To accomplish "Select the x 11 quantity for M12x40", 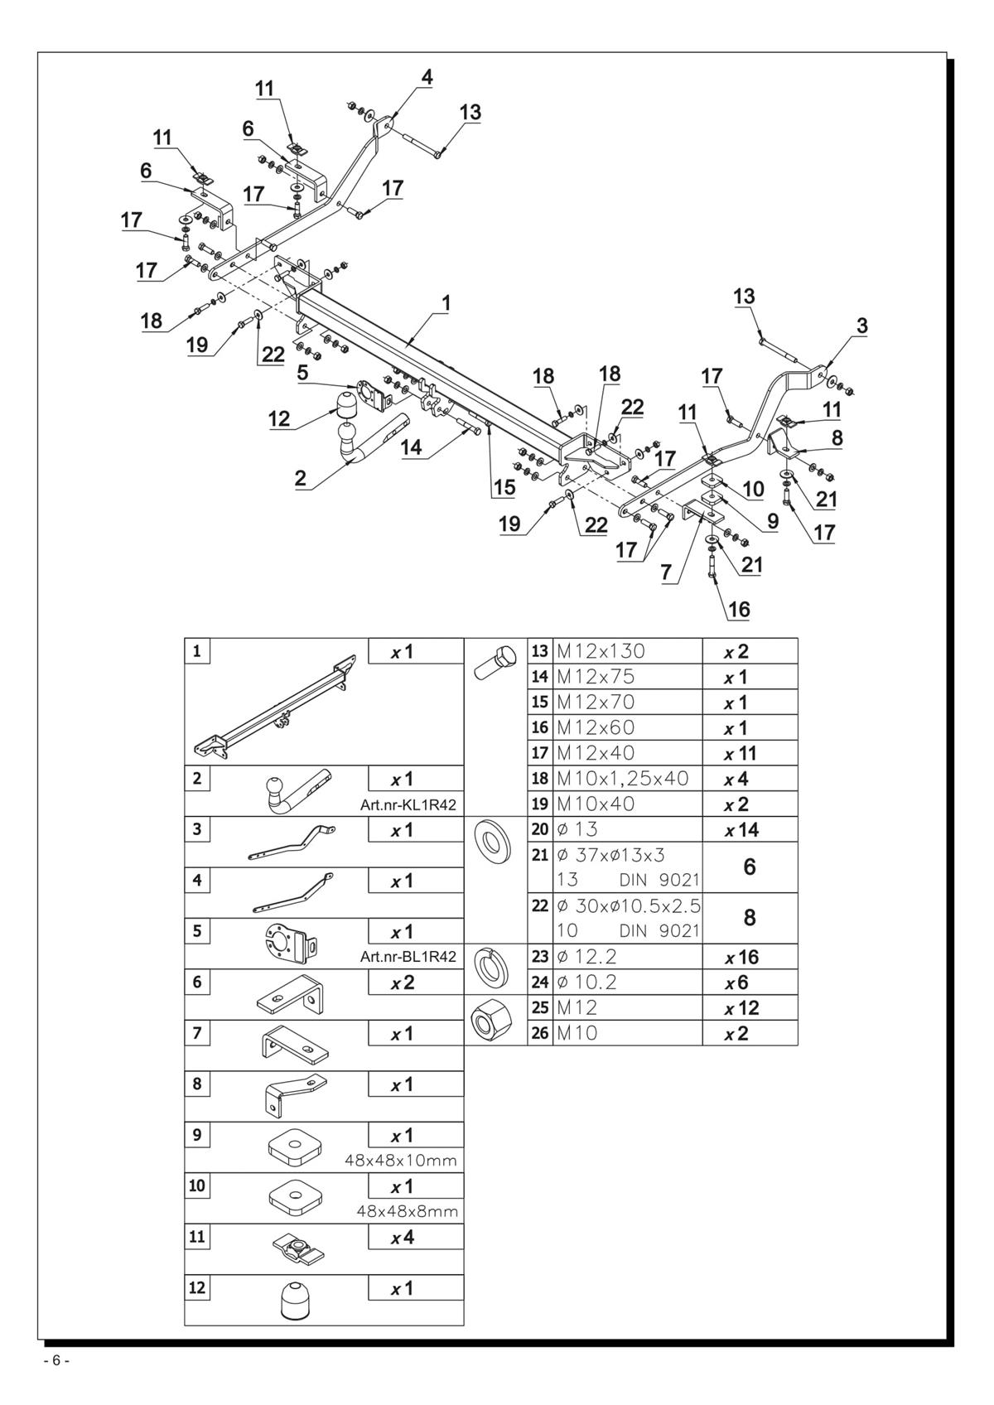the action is [741, 753].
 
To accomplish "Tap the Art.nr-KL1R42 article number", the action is [408, 805].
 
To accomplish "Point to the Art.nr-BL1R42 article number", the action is [408, 958].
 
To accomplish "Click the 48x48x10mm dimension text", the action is [401, 1161].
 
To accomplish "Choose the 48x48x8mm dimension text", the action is [407, 1211].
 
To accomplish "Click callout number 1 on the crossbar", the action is [446, 303].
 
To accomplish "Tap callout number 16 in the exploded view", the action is [739, 609].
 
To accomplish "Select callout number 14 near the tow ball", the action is [412, 447].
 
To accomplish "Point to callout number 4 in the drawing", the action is [427, 78].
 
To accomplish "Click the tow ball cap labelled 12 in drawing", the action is [347, 405].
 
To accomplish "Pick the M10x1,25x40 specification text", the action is [623, 779].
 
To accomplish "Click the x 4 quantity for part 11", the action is [403, 1238].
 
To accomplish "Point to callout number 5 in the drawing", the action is [302, 373].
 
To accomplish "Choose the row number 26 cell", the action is [540, 1033].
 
